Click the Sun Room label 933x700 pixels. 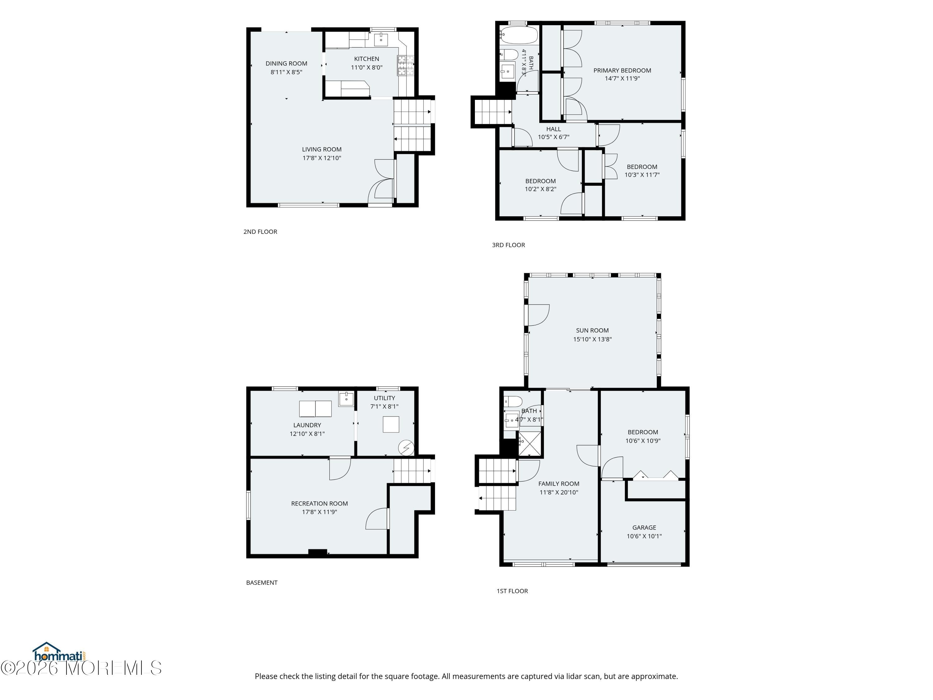pyautogui.click(x=592, y=330)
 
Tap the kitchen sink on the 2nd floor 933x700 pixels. pyautogui.click(x=381, y=39)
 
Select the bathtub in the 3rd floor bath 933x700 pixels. pyautogui.click(x=518, y=36)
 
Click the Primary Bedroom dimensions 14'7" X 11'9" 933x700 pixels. pyautogui.click(x=622, y=78)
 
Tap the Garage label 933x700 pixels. pyautogui.click(x=644, y=527)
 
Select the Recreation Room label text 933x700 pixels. pyautogui.click(x=319, y=503)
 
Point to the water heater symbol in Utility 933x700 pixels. pyautogui.click(x=406, y=448)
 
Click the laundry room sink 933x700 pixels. pyautogui.click(x=346, y=399)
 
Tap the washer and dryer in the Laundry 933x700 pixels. pyautogui.click(x=315, y=409)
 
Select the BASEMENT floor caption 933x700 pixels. pyautogui.click(x=262, y=583)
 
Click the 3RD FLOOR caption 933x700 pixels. pyautogui.click(x=508, y=245)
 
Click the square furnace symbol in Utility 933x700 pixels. pyautogui.click(x=391, y=424)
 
